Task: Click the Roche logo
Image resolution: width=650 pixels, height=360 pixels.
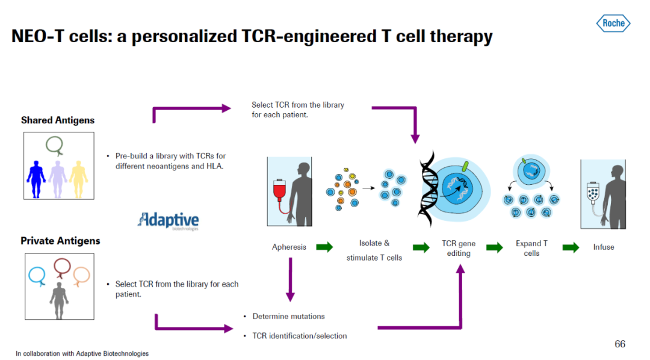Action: [613, 23]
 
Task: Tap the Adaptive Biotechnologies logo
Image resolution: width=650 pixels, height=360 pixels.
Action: [168, 220]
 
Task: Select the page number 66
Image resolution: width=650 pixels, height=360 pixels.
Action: [620, 344]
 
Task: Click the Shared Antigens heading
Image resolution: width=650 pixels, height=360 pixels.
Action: [58, 120]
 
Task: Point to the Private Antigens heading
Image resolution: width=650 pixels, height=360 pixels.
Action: [60, 241]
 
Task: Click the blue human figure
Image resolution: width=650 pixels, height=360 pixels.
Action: [36, 179]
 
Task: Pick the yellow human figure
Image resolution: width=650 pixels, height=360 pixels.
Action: [78, 179]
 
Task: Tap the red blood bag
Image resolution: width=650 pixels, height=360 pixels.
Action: [280, 191]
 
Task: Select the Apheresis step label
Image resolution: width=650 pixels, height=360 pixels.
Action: [289, 247]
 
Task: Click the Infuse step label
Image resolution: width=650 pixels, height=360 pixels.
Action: [604, 247]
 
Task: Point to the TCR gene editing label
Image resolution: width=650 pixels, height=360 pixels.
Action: [459, 249]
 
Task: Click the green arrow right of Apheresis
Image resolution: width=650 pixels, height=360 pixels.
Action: [324, 247]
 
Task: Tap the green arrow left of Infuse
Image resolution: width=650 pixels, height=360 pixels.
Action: [571, 247]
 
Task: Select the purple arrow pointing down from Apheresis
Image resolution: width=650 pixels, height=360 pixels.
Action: [290, 279]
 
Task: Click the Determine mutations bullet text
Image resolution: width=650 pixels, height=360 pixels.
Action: [288, 317]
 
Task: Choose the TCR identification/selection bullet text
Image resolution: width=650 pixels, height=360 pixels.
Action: [300, 336]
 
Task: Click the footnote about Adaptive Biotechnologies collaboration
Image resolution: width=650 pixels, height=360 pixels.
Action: [82, 353]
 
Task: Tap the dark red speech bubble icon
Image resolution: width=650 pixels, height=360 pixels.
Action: [62, 268]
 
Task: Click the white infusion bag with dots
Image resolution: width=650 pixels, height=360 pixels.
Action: [593, 193]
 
